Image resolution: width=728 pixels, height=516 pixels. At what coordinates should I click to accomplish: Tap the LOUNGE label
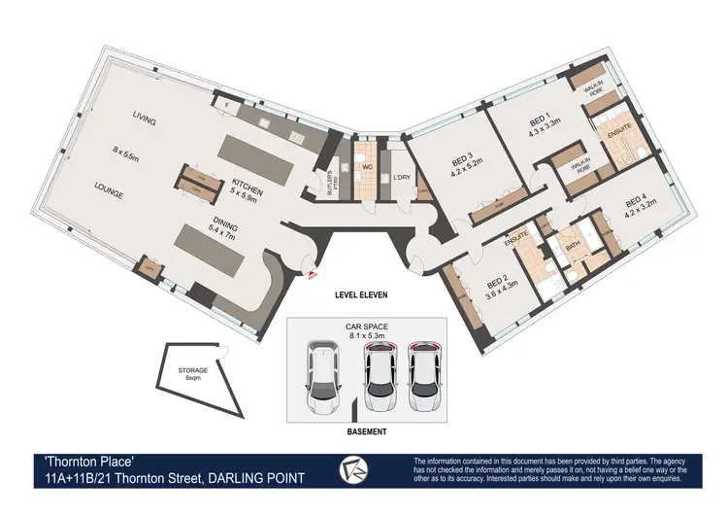point(109,193)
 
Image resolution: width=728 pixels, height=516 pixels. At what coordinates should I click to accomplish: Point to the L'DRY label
point(401,177)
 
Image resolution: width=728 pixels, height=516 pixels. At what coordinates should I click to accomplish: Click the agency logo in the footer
point(355,470)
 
